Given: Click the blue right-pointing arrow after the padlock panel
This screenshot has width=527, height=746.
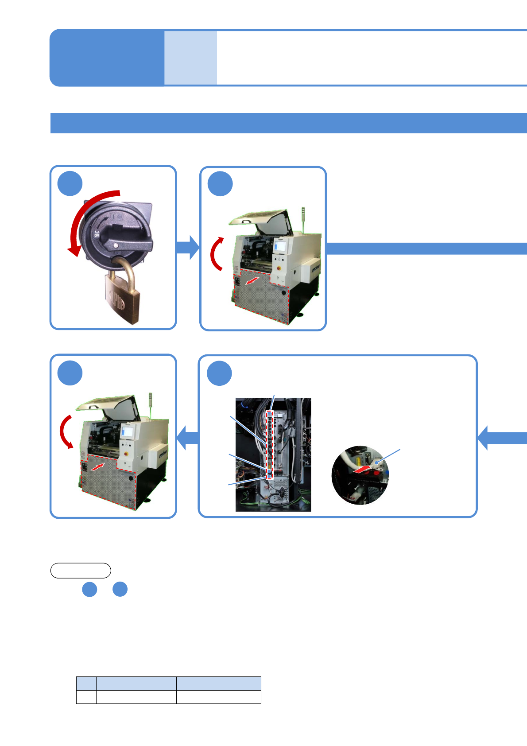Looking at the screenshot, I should tap(188, 247).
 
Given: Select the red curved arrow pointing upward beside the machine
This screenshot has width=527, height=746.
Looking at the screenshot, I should tap(216, 253).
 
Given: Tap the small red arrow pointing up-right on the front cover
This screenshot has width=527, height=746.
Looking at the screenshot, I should tap(99, 466).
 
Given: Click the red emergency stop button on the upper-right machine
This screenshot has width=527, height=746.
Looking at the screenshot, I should tap(280, 268).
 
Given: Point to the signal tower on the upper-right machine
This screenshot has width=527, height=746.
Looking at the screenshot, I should tap(303, 218).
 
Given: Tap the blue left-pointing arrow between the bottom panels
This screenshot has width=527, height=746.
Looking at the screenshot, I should tap(188, 438).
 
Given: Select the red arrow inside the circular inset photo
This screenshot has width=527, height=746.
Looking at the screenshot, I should tap(363, 468).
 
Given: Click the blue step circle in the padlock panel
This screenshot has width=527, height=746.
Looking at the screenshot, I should tap(70, 183).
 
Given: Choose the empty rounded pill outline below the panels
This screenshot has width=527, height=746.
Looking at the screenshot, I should tap(81, 571).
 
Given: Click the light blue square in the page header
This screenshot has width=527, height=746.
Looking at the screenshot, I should tap(190, 58).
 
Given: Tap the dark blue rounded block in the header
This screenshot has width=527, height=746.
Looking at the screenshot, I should tap(107, 58).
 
